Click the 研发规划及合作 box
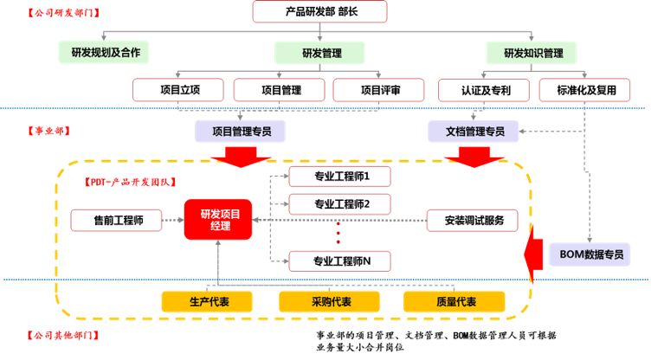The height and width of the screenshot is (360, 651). (105, 53)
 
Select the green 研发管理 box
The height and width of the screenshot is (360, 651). (321, 53)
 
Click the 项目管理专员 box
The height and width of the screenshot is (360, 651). (240, 132)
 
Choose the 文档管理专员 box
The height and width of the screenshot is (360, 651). (474, 132)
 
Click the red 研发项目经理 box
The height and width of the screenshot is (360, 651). (218, 220)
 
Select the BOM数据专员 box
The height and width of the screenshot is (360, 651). (590, 254)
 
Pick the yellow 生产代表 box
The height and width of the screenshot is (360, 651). (207, 301)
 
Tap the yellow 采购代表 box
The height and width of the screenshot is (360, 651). (330, 301)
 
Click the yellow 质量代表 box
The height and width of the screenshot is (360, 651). (454, 301)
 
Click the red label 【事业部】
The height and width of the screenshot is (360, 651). (48, 131)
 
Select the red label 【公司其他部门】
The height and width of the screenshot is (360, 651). (62, 334)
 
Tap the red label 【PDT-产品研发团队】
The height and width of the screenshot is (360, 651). (129, 182)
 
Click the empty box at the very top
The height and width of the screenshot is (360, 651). (319, 12)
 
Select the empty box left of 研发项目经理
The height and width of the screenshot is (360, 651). (116, 220)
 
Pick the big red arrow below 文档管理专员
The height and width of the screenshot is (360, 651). (472, 156)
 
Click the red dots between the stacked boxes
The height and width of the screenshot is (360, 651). (338, 235)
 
